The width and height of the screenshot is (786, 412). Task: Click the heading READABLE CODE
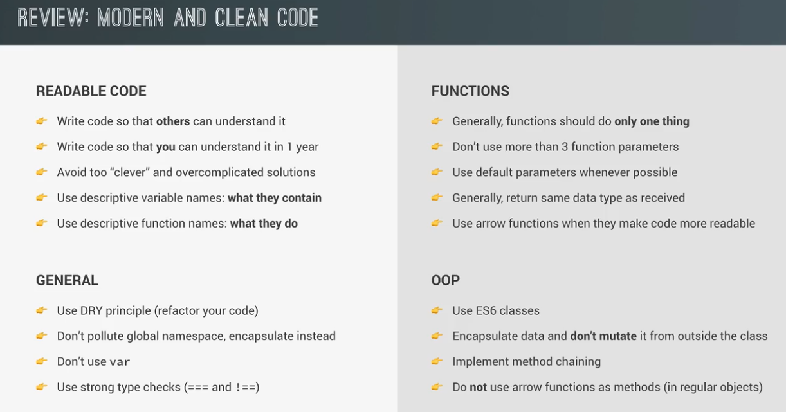91,91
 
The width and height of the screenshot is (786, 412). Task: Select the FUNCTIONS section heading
470,91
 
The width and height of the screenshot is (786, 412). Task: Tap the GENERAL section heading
67,280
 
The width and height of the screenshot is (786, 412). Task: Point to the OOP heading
445,280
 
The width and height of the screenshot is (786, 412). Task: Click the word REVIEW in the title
53,17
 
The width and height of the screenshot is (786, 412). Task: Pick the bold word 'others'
173,121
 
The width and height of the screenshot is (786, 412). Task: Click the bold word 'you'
165,147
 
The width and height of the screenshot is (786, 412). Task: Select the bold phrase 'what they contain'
275,198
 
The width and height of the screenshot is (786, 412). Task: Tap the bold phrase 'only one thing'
652,121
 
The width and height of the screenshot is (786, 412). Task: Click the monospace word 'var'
120,362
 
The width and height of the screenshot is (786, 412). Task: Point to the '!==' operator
245,387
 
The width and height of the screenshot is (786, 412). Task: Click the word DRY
91,310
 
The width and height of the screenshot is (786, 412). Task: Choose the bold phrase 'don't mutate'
603,336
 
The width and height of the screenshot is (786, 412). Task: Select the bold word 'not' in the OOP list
478,387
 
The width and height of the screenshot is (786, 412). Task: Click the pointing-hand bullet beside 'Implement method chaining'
437,361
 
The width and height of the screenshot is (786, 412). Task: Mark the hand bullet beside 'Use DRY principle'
42,310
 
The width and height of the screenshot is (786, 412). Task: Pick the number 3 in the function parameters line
565,147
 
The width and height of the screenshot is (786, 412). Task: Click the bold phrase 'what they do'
264,224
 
